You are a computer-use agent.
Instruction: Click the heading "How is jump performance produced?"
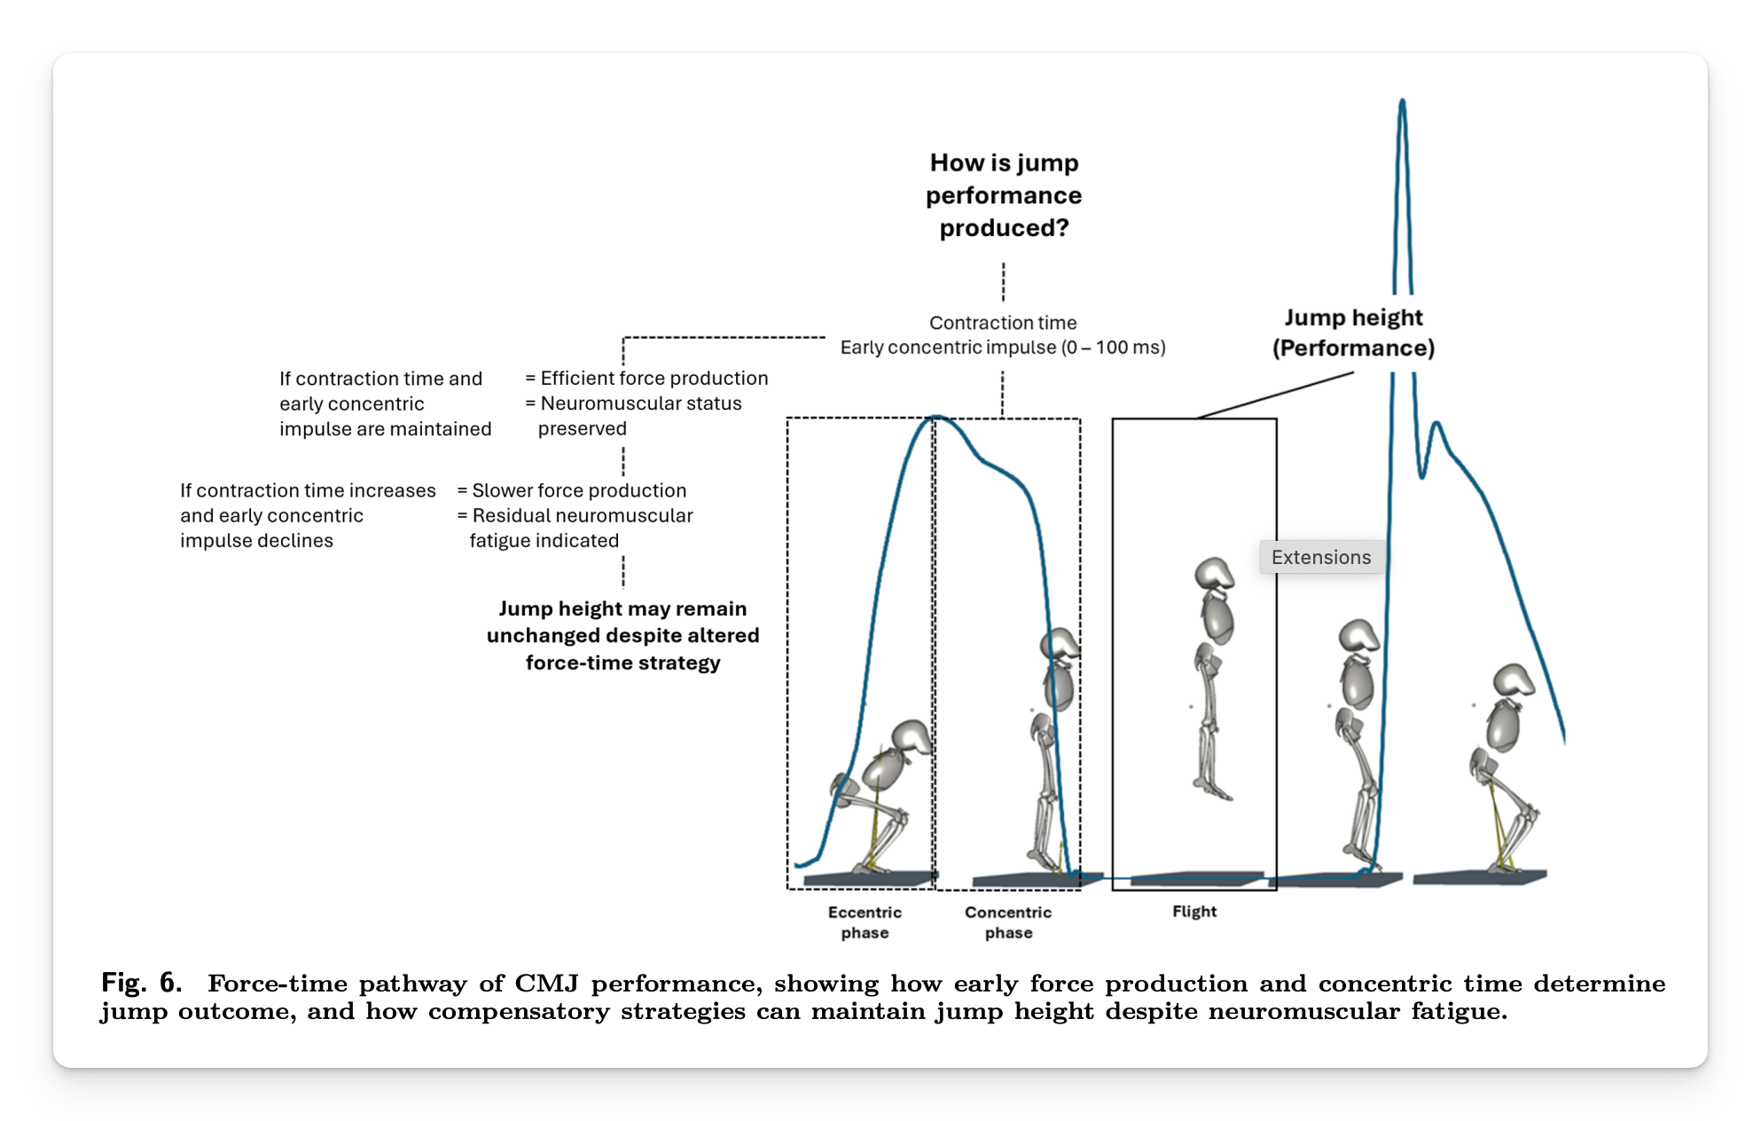1003,195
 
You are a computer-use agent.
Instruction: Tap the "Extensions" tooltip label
1320,557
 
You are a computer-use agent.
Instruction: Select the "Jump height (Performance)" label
1353,333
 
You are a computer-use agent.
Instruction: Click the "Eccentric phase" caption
865,922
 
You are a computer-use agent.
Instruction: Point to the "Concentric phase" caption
1008,922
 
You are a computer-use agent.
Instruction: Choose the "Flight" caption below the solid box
1194,912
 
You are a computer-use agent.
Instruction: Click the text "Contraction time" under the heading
1003,323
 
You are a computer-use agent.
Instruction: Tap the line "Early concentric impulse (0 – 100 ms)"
1003,348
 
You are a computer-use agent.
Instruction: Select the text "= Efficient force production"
646,379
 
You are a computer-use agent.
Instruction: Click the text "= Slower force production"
572,490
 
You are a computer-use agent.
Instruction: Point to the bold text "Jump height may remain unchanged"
622,622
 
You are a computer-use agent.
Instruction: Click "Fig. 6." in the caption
141,983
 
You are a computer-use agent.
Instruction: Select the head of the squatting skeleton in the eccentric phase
911,738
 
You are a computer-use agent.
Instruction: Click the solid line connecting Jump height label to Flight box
1274,395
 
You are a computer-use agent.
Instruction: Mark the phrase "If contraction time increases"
308,490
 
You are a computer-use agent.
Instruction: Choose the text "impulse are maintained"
385,429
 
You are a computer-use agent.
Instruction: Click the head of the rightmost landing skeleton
1514,680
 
